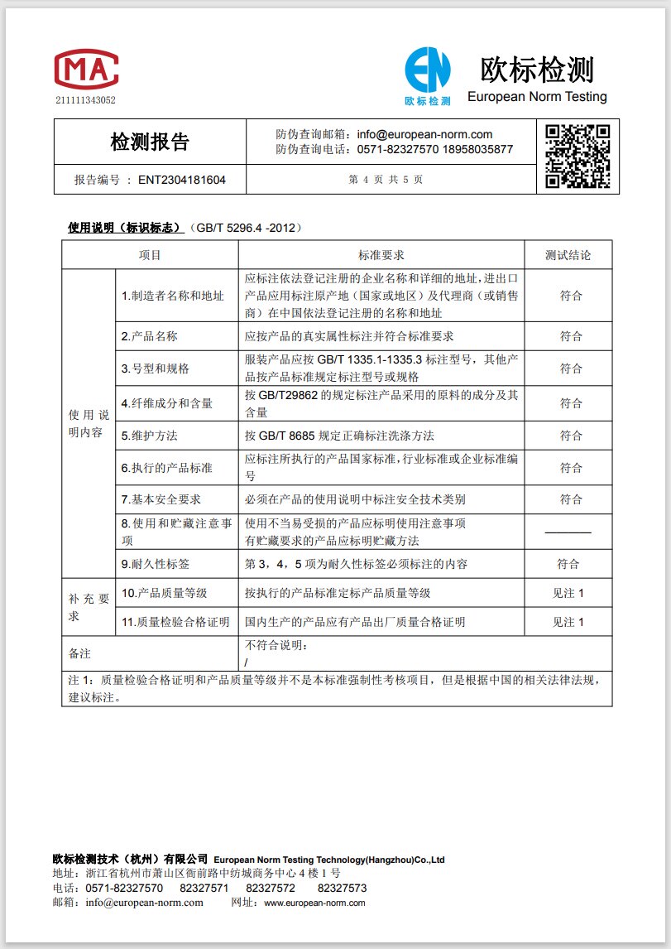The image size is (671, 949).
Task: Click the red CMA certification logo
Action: coord(86,70)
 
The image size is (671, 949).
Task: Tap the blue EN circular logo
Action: coord(428,70)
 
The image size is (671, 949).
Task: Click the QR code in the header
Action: coord(578,155)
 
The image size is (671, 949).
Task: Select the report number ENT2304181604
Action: coord(181,179)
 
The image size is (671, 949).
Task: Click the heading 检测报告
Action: coord(150,142)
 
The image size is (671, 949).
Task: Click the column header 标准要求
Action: coord(381,255)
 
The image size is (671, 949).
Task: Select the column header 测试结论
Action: coord(568,255)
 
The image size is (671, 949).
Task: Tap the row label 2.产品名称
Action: coord(150,336)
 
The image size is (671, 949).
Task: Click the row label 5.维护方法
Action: coord(150,436)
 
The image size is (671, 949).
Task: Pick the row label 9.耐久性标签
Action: coord(156,564)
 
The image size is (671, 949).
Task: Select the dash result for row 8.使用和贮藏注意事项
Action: coord(568,532)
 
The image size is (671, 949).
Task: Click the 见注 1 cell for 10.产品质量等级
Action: coord(568,593)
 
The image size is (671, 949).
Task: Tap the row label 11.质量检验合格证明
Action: coord(175,622)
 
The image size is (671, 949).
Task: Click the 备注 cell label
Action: coord(79,653)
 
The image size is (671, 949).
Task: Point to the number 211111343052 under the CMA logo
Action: coord(86,101)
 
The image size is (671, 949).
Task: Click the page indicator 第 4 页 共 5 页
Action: coord(386,179)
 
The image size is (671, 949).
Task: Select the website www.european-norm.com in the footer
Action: coord(314,903)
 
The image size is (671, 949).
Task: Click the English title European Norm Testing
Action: coord(537,97)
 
